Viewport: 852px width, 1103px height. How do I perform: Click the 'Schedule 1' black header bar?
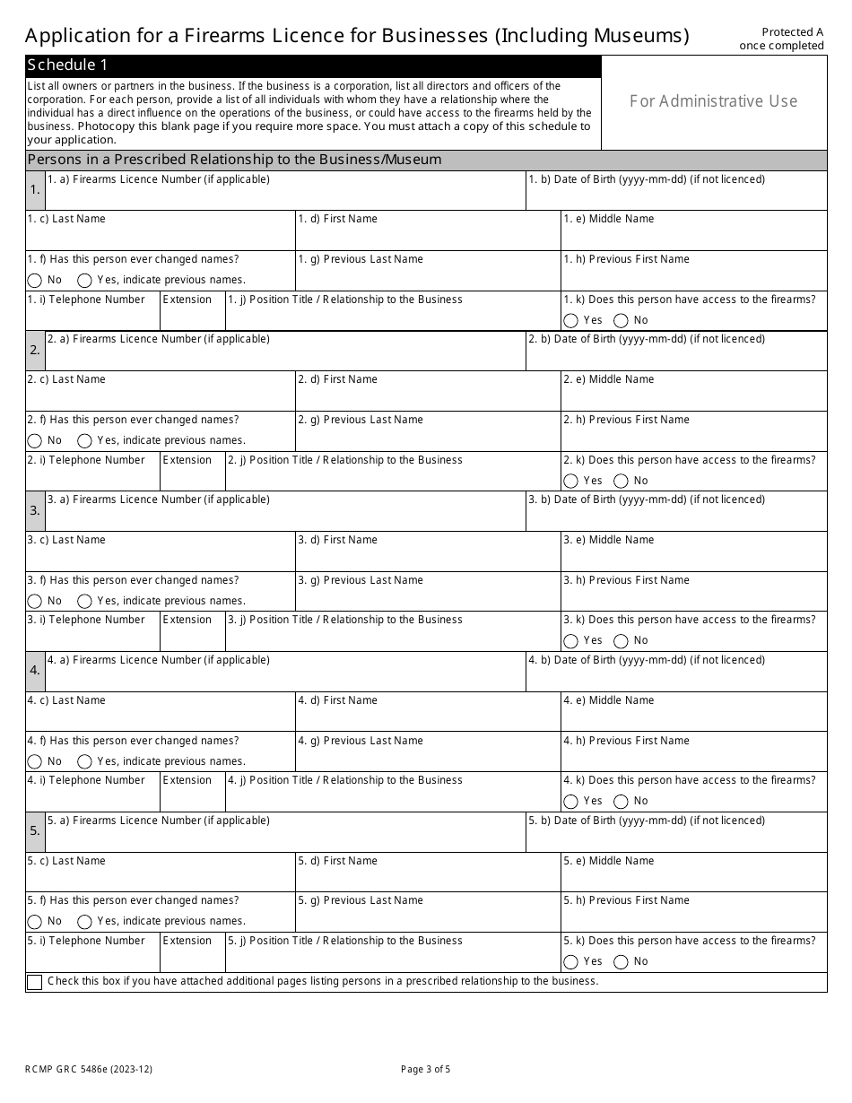coord(313,65)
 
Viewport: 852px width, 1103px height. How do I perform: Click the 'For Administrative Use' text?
coord(713,101)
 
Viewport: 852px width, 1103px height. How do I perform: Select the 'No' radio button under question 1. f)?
coord(35,280)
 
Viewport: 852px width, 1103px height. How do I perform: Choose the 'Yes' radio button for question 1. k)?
coord(571,320)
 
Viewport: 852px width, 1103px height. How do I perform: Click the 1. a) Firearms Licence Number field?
coord(285,195)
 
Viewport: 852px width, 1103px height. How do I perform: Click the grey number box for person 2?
coord(35,351)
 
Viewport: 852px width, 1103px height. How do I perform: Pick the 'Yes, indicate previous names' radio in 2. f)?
coord(85,440)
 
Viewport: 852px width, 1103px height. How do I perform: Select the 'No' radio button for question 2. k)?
coord(621,481)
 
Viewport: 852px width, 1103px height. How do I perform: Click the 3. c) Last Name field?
coord(161,557)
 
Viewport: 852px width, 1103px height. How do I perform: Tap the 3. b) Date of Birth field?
coord(676,517)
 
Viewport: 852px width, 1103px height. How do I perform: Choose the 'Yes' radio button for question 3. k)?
coord(571,641)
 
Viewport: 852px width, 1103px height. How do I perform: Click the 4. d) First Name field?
coord(428,717)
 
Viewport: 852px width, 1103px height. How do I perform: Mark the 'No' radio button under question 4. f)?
coord(35,761)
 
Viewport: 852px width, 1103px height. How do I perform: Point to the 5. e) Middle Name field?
coord(694,878)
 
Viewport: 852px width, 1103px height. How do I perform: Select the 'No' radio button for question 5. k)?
coord(621,961)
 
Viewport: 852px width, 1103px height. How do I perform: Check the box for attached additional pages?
coord(35,982)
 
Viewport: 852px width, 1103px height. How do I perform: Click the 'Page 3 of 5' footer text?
coord(426,1069)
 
